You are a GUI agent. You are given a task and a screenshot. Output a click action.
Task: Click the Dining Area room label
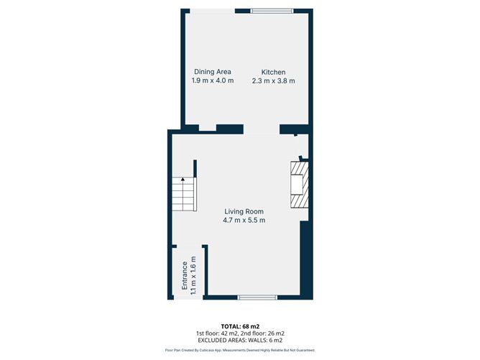[x=213, y=72]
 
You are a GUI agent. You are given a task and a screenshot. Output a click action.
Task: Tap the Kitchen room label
[x=273, y=72]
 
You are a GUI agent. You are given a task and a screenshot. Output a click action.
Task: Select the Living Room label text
[x=244, y=211]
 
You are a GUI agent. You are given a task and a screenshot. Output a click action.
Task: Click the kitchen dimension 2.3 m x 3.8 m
[x=273, y=81]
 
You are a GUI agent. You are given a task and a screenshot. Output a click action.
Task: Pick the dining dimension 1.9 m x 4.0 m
[x=213, y=81]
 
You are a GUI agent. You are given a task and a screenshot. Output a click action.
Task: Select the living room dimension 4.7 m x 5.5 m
[x=244, y=221]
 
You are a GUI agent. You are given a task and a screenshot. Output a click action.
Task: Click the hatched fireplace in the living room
[x=298, y=184]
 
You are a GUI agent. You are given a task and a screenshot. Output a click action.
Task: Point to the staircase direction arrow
[x=183, y=179]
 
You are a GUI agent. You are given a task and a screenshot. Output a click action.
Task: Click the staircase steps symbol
[x=183, y=195]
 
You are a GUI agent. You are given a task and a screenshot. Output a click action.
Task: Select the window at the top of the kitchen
[x=272, y=9]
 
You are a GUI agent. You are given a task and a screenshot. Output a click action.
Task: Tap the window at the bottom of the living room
[x=257, y=297]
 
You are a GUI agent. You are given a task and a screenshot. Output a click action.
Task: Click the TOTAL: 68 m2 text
[x=239, y=326]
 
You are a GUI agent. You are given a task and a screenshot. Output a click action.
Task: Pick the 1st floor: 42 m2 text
[x=216, y=333]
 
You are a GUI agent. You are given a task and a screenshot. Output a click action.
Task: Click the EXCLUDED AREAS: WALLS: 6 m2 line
[x=239, y=341]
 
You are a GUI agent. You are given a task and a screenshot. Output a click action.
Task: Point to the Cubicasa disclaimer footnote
[x=239, y=351]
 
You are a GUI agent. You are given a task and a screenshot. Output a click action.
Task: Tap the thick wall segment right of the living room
[x=306, y=259]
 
